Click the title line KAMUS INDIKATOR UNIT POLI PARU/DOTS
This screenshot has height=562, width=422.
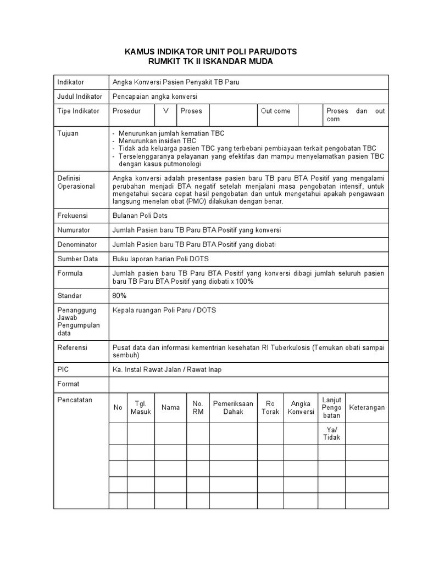[210, 51]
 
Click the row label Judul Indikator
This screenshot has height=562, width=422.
[80, 97]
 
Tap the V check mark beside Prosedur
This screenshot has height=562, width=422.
[165, 111]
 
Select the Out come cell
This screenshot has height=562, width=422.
[276, 111]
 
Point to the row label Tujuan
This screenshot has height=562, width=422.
[68, 133]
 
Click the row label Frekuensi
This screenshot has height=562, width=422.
[73, 216]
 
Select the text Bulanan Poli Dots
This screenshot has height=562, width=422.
[140, 216]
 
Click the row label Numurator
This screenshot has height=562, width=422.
[74, 230]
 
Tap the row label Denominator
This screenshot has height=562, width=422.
[77, 244]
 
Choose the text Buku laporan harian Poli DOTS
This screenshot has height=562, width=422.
[160, 258]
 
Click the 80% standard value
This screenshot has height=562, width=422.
[120, 296]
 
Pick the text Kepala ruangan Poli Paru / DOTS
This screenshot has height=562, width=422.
[164, 310]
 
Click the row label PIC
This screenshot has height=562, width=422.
[63, 369]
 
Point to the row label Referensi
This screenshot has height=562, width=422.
[73, 347]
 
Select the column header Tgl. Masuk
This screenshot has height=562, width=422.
[141, 408]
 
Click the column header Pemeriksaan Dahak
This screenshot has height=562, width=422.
[233, 408]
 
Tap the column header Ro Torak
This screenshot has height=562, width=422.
[270, 408]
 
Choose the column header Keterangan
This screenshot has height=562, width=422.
[367, 408]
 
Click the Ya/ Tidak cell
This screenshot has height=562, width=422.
[331, 434]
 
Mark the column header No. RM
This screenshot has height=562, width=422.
[198, 408]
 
